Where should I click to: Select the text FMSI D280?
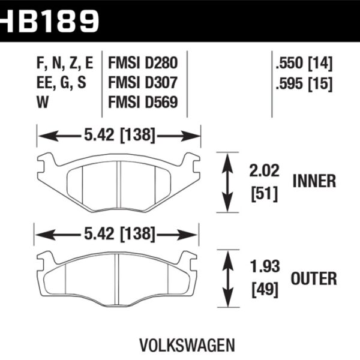pyautogui.click(x=142, y=62)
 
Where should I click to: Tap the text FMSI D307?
pyautogui.click(x=142, y=82)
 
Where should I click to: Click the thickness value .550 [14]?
pyautogui.click(x=304, y=62)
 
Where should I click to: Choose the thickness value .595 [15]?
pyautogui.click(x=304, y=82)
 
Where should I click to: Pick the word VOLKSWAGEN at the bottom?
pyautogui.click(x=179, y=346)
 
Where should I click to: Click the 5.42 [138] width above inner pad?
pyautogui.click(x=119, y=136)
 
